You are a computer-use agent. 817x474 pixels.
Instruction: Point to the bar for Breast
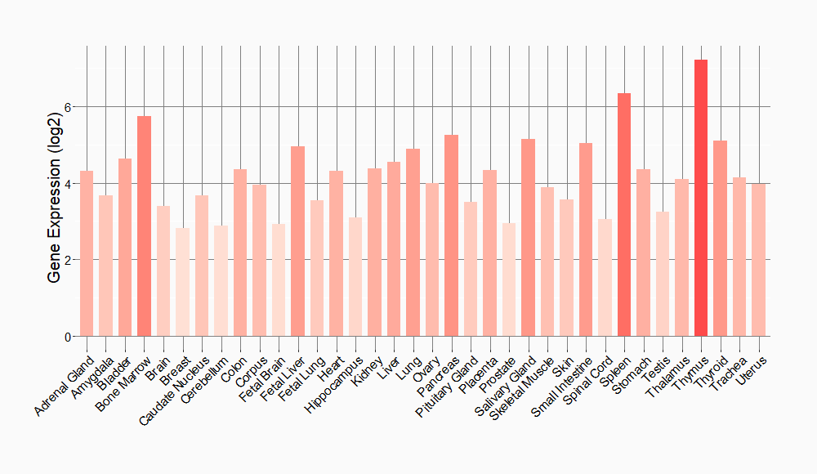click(x=182, y=282)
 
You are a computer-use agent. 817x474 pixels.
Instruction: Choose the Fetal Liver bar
click(x=297, y=241)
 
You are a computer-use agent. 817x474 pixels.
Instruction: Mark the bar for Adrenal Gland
click(x=87, y=253)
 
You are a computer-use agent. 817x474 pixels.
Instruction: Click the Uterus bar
click(x=758, y=260)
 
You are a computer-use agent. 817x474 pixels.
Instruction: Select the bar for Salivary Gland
click(x=528, y=238)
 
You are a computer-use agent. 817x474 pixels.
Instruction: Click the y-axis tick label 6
click(x=69, y=107)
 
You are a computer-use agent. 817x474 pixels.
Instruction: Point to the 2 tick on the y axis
click(x=69, y=260)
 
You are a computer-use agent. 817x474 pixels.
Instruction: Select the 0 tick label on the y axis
click(x=69, y=337)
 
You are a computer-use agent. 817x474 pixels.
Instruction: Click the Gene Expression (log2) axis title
click(x=54, y=192)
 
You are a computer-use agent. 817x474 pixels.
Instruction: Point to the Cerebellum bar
click(x=221, y=281)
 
